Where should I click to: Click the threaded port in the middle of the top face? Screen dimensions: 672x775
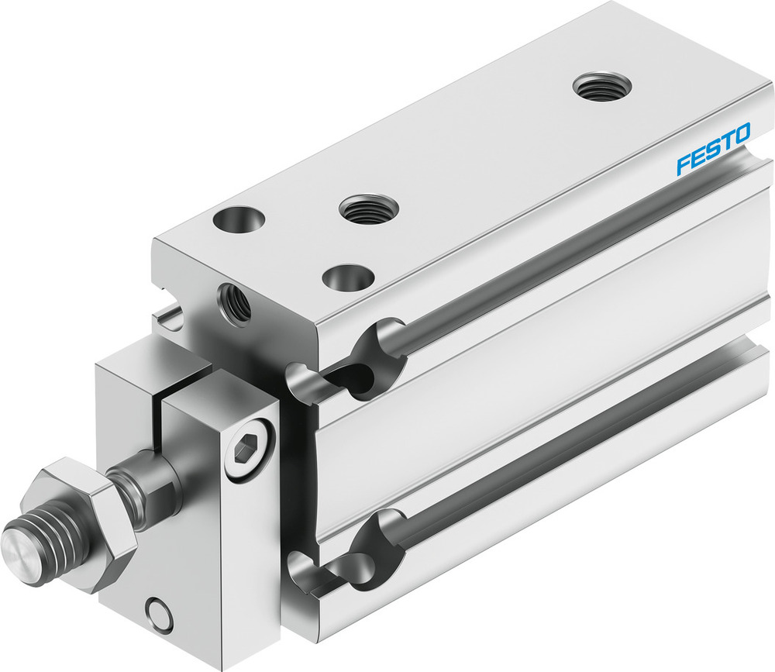point(369,208)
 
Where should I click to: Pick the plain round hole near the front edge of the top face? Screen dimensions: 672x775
point(348,276)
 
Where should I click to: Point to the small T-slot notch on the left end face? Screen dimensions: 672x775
point(166,316)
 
